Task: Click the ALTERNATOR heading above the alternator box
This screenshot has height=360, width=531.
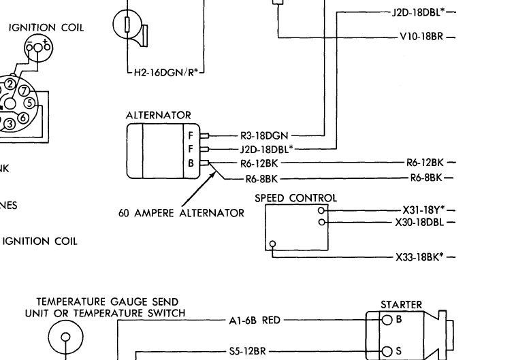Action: coord(158,115)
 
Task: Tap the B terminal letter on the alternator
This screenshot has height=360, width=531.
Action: coord(191,163)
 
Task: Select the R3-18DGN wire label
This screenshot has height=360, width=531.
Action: coord(264,136)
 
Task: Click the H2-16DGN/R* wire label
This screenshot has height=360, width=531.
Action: coord(165,72)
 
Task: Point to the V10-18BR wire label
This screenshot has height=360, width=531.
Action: coord(421,37)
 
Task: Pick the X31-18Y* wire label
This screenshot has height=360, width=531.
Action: coord(423,210)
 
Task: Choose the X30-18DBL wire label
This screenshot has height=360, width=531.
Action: coord(419,223)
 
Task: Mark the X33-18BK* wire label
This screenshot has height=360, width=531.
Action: coord(419,257)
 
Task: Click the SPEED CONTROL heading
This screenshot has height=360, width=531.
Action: coord(295,198)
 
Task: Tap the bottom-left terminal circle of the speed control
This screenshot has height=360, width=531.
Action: coord(272,244)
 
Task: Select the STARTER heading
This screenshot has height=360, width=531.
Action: coord(401,305)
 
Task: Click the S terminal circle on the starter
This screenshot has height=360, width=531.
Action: coord(387,352)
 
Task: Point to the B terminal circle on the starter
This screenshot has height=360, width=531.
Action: coord(387,320)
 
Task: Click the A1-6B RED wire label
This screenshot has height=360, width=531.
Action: coord(255,320)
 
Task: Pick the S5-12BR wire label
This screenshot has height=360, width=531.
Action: coord(247,351)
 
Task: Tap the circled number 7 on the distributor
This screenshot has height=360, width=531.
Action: coord(24,91)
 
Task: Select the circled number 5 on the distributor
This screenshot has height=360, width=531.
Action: coord(30,103)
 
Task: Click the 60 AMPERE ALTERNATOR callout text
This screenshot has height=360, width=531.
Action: coord(181,213)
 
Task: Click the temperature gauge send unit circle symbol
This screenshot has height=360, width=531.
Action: coord(66,337)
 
